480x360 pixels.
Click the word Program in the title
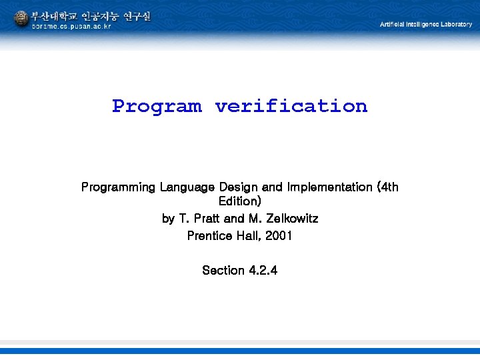(x=157, y=107)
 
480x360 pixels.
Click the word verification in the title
(x=291, y=106)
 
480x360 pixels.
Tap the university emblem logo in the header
(x=21, y=18)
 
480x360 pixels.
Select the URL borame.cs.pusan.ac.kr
(x=72, y=26)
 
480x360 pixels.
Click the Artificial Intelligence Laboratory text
(x=425, y=25)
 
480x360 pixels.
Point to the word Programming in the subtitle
(x=118, y=187)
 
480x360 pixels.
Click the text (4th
(x=387, y=187)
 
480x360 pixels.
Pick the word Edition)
(x=240, y=201)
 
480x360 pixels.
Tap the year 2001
(x=279, y=236)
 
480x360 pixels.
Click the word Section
(x=223, y=271)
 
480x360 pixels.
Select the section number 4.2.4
(x=263, y=271)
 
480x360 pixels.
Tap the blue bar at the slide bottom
(x=240, y=351)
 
